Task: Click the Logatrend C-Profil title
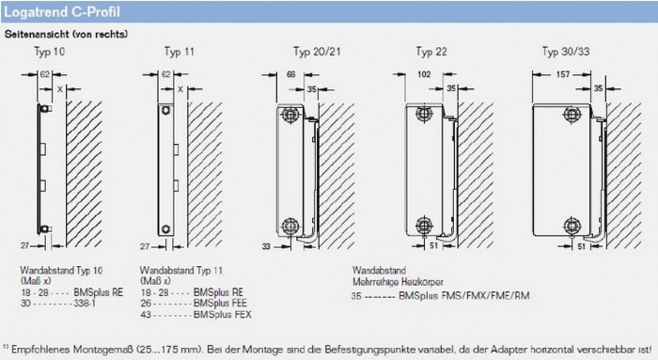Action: pos(62,12)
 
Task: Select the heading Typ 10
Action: pos(50,52)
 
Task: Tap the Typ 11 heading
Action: pos(180,52)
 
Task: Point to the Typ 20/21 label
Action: pos(317,52)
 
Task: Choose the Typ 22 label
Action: pos(431,52)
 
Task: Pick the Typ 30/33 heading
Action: pos(566,52)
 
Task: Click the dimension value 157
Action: pos(563,74)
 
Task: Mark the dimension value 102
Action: pos(424,74)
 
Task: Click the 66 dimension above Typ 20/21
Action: pos(290,74)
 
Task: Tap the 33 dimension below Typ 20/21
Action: pos(266,246)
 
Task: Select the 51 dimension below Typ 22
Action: pos(434,246)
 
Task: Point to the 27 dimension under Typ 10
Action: pos(24,246)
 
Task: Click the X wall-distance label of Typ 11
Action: pos(180,89)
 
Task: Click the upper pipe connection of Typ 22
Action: pos(424,114)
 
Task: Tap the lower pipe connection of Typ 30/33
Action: pos(572,227)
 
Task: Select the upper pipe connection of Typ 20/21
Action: pos(290,114)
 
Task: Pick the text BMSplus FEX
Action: pos(223,314)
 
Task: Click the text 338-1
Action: pos(85,303)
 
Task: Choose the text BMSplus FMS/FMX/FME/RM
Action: pos(464,296)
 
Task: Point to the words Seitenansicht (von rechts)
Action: pos(67,35)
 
